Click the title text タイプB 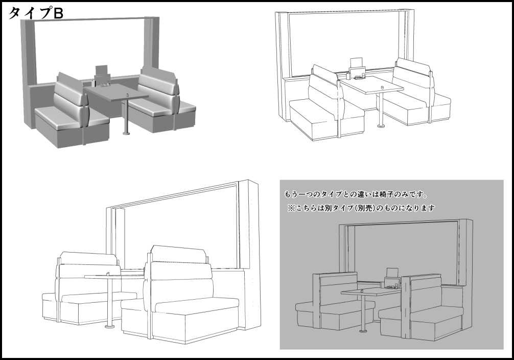point(35,13)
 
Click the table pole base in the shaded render point(126,133)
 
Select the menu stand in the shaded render point(103,76)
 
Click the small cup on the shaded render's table point(128,95)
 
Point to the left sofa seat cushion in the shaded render point(71,117)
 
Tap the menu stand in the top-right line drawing point(356,70)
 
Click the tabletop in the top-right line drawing point(372,85)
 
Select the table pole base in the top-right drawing point(381,125)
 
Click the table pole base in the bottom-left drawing point(109,327)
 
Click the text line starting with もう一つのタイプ point(356,195)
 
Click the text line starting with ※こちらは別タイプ point(361,208)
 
